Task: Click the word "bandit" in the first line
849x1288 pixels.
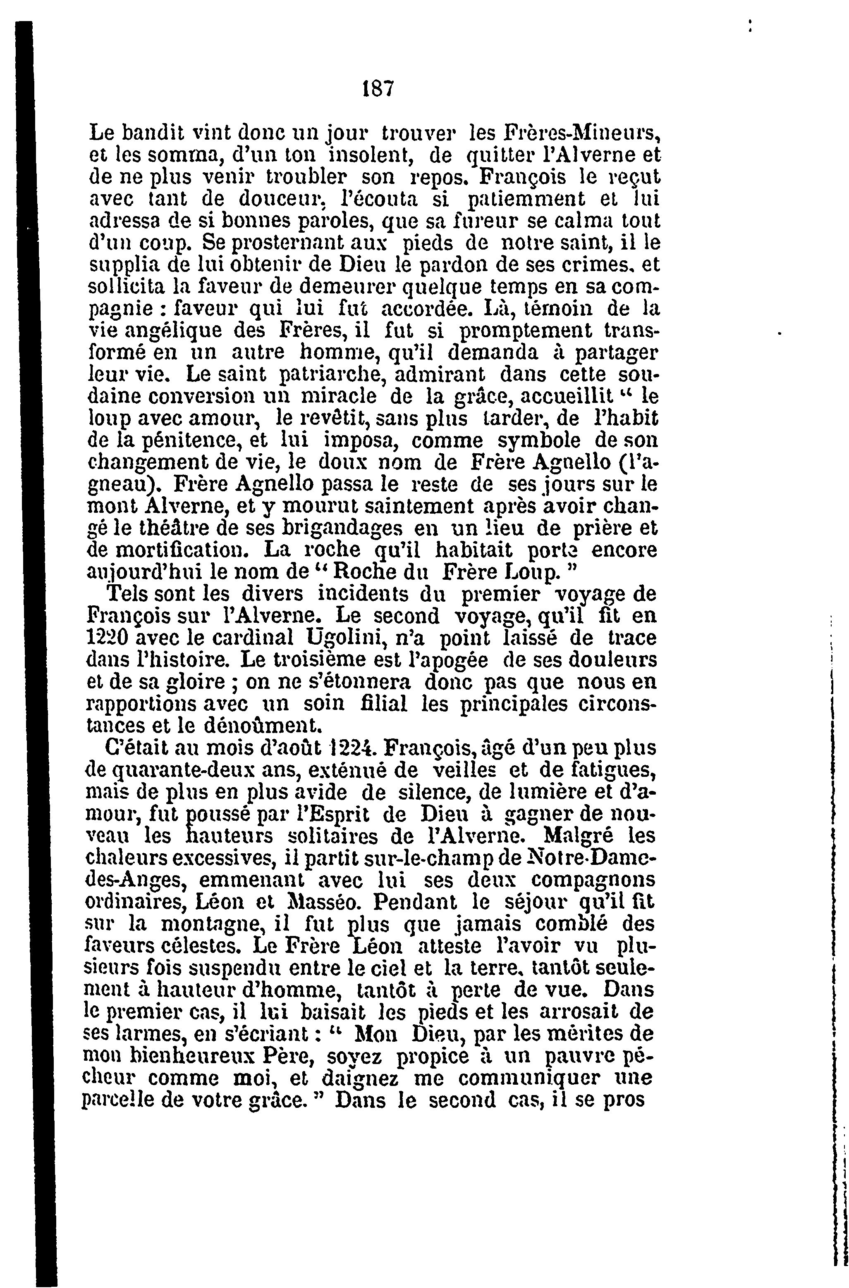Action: pyautogui.click(x=152, y=132)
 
